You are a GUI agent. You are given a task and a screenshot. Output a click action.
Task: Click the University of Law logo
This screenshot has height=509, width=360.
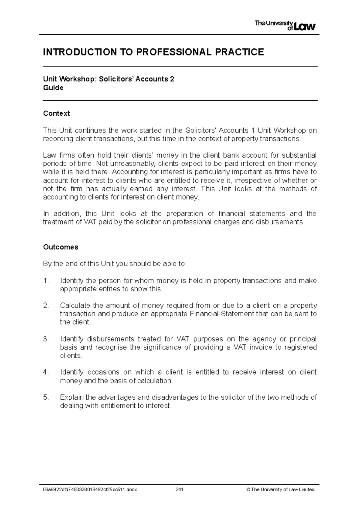tap(285, 25)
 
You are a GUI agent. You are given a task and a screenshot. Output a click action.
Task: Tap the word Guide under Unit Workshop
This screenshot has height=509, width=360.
tap(53, 88)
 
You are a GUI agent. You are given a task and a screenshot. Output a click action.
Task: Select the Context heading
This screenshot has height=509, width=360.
tap(56, 113)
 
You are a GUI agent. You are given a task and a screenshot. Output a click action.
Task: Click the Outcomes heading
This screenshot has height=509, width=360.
tap(61, 247)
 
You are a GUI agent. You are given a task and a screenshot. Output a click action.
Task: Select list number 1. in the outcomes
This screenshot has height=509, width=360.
tap(46, 281)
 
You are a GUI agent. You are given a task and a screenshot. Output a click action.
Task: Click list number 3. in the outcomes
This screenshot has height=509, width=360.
tap(46, 339)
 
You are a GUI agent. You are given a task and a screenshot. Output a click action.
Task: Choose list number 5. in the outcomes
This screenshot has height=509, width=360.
tap(46, 397)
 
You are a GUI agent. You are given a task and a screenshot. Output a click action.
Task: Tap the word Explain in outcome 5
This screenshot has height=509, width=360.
tap(71, 397)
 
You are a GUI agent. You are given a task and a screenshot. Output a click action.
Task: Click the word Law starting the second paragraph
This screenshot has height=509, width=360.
tap(49, 155)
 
